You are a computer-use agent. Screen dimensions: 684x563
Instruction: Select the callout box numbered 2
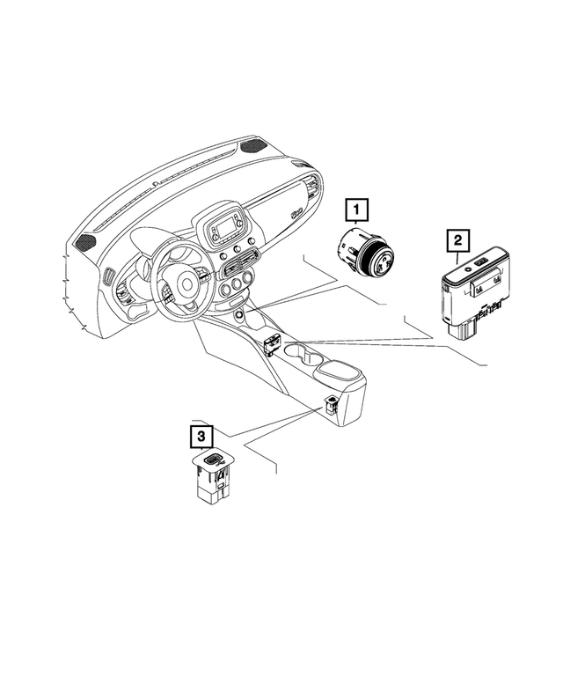tap(457, 239)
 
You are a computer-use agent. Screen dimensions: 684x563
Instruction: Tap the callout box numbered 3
tap(201, 436)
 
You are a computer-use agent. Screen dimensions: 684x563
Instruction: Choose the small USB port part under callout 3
tap(213, 479)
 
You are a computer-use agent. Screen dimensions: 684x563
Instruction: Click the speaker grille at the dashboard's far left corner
tap(86, 240)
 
